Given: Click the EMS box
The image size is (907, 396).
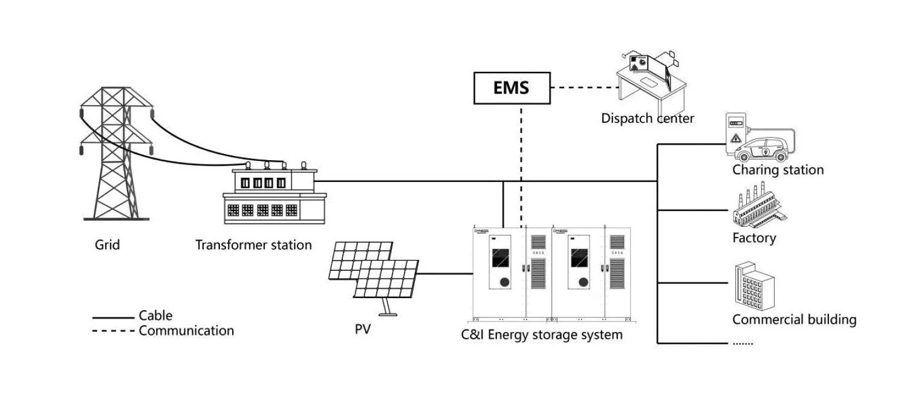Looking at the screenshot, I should point(511,88).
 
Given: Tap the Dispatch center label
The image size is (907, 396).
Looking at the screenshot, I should point(647,118).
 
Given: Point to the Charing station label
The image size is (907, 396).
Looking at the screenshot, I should point(778,170).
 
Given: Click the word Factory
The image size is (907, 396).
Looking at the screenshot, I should point(753,238).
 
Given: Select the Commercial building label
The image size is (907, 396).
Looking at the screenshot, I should point(794,319).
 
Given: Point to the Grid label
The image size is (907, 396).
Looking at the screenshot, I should point(107,245).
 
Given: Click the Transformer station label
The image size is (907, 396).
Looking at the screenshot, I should point(253,245).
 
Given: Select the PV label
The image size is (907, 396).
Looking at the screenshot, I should point(363,331).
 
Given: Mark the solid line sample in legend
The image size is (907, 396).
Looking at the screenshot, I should point(113,317).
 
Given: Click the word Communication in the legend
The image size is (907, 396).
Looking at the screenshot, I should point(186,331).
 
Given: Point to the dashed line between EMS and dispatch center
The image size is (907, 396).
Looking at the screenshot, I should point(584,88).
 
